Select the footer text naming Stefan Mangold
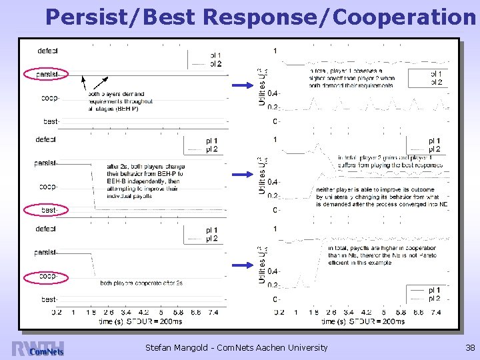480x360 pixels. [x=236, y=347]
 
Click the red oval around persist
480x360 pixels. [x=46, y=74]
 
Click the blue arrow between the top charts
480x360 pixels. [x=241, y=85]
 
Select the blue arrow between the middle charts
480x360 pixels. [x=241, y=175]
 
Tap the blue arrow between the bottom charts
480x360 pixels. [x=241, y=265]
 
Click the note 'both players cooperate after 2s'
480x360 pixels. [x=141, y=283]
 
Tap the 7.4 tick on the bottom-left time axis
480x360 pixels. [x=213, y=312]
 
